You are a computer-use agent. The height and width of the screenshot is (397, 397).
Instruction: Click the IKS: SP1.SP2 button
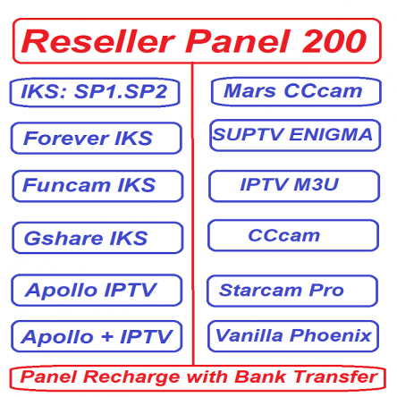click(x=96, y=92)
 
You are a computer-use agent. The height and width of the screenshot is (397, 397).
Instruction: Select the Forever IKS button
click(x=96, y=139)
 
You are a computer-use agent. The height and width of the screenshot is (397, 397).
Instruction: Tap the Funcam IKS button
click(x=96, y=186)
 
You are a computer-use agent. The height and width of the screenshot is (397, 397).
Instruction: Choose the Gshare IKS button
click(x=96, y=238)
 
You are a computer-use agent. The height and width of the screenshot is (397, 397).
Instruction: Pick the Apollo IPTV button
click(x=96, y=290)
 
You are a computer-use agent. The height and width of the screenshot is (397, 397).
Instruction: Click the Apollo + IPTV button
click(x=96, y=337)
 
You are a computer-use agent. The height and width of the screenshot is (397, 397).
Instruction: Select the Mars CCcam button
click(x=294, y=91)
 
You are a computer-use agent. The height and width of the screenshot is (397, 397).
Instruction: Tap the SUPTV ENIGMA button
click(x=294, y=135)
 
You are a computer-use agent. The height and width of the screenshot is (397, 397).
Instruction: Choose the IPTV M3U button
click(x=294, y=185)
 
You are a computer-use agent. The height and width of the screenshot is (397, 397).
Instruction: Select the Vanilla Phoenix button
click(x=294, y=336)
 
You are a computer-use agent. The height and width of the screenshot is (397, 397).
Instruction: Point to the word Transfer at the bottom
click(x=337, y=376)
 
